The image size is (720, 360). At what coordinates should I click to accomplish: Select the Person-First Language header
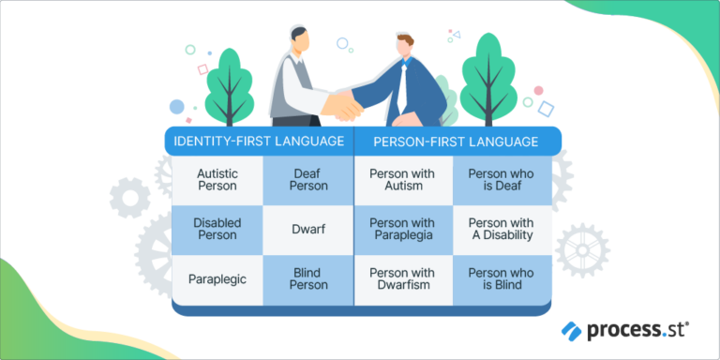click(456, 142)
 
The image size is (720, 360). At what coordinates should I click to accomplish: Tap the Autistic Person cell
click(217, 179)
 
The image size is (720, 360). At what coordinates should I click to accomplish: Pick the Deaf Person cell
click(308, 179)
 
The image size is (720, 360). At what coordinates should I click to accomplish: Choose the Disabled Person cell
click(217, 230)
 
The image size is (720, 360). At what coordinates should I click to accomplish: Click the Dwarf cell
click(308, 230)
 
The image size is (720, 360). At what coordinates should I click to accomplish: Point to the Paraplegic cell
click(217, 278)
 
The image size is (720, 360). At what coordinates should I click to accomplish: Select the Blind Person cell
click(308, 278)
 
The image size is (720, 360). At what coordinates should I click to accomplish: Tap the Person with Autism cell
click(402, 179)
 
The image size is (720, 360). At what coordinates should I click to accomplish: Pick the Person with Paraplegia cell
click(402, 230)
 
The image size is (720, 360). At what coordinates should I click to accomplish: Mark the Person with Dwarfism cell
click(402, 278)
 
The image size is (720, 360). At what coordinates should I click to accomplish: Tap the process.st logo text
click(637, 330)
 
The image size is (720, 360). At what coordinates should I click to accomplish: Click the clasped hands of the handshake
click(347, 104)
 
